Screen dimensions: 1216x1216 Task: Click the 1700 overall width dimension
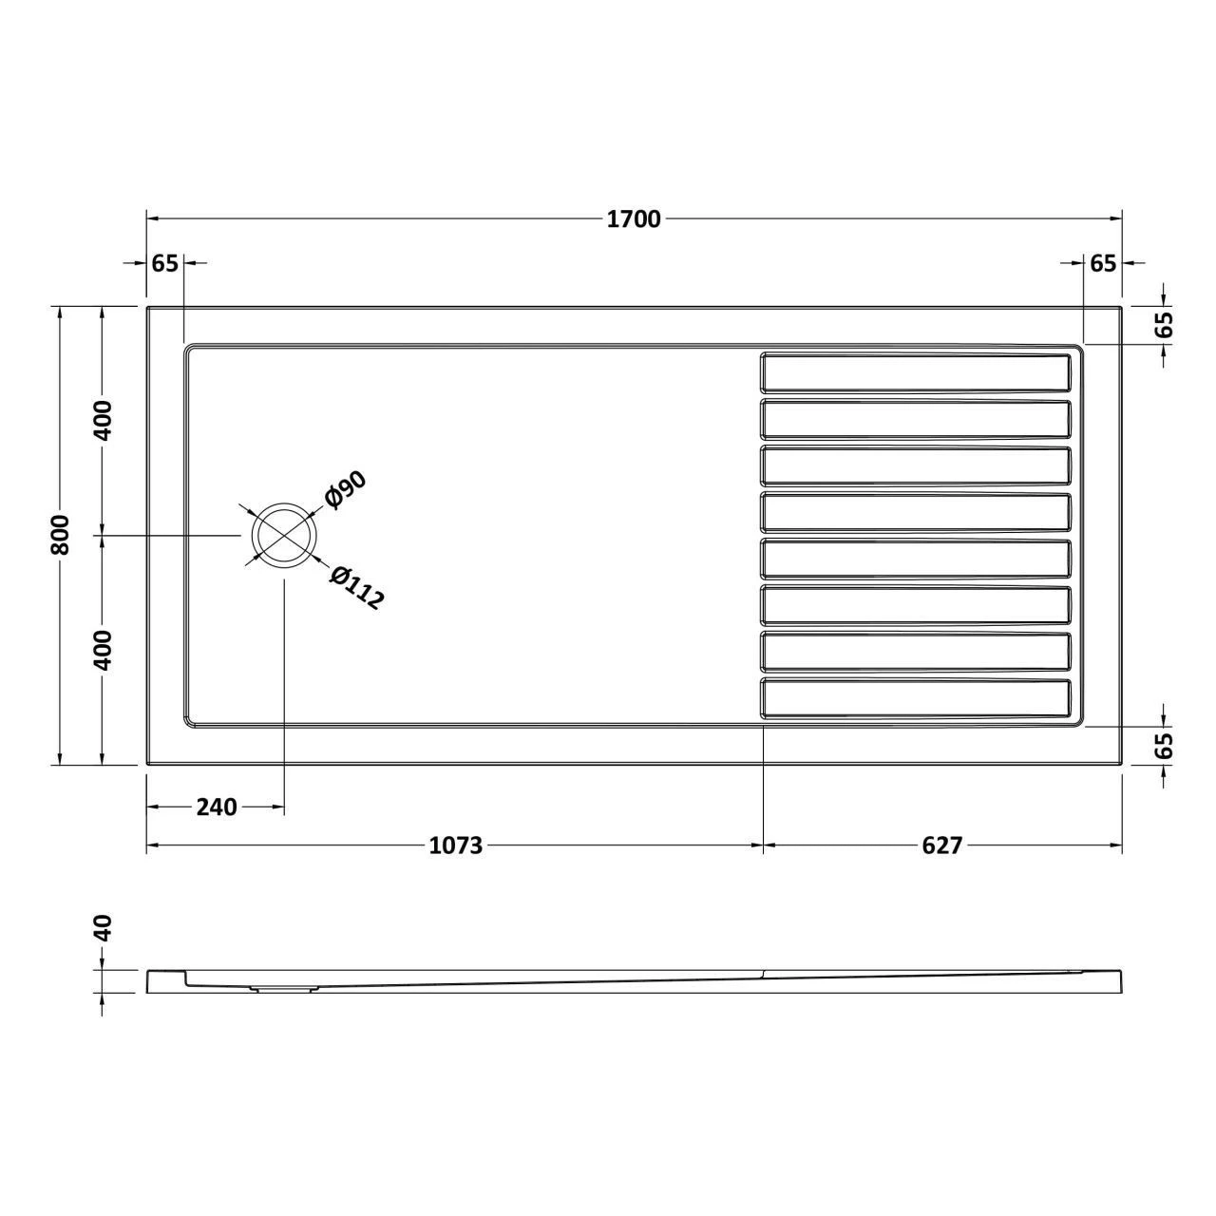coord(634,219)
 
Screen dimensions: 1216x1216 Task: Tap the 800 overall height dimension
coord(60,535)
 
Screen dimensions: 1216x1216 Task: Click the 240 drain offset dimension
coord(216,807)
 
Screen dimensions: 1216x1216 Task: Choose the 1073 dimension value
coord(456,845)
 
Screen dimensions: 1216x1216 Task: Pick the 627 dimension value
coord(941,845)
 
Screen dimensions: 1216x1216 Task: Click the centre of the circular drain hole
coord(283,536)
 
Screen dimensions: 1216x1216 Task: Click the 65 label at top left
coord(164,263)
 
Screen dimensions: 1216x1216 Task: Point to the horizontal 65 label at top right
coord(1102,263)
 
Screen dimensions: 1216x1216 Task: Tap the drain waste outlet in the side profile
coord(282,989)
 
